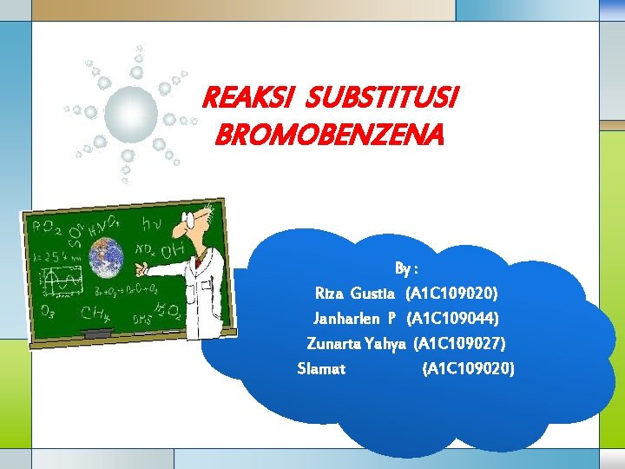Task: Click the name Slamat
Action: coord(321,368)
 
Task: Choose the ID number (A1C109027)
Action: coord(459,343)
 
